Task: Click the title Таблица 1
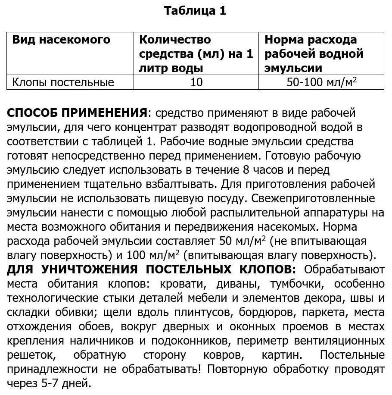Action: (195, 11)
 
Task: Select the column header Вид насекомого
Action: (61, 40)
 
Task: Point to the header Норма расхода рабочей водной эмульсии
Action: (314, 54)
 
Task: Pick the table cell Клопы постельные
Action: (63, 82)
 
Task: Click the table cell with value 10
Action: (196, 82)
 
